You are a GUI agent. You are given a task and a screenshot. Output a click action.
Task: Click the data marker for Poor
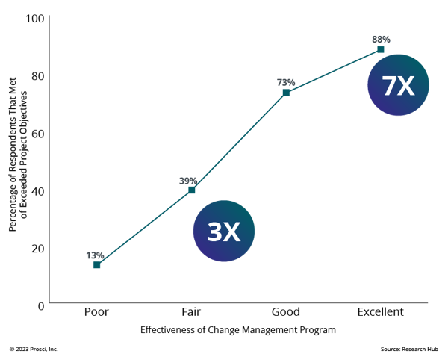[x=97, y=265]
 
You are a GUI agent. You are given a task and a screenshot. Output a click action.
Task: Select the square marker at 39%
[x=192, y=190]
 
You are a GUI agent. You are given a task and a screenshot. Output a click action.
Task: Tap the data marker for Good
[x=286, y=93]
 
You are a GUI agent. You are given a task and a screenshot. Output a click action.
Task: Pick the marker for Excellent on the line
[x=381, y=49]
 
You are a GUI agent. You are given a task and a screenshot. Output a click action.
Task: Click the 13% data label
[x=95, y=255]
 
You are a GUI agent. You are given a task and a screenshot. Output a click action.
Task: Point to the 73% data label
[x=286, y=82]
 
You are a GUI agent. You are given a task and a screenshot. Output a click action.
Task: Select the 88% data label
[x=381, y=39]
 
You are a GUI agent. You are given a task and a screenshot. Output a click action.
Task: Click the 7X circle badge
[x=398, y=85]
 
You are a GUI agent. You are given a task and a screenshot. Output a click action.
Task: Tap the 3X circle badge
[x=224, y=231]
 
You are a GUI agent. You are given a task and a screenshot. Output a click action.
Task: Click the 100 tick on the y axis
[x=35, y=19]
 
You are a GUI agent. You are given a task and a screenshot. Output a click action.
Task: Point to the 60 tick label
[x=38, y=134]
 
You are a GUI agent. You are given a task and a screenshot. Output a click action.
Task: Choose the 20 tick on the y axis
[x=38, y=249]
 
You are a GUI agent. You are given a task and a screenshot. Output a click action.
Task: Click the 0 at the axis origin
[x=41, y=306]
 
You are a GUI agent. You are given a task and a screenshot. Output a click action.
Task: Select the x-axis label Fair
[x=191, y=311]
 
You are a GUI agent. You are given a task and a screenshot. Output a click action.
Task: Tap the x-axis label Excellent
[x=381, y=311]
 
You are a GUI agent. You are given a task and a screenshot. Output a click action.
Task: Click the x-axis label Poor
[x=96, y=311]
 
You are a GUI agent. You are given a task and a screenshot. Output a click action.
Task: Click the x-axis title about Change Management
[x=238, y=329]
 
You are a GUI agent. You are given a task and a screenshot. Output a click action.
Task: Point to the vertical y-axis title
[x=18, y=155]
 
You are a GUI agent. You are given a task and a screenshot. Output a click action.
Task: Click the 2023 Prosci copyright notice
[x=34, y=349]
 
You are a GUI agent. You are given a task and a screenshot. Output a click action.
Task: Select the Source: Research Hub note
[x=409, y=349]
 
